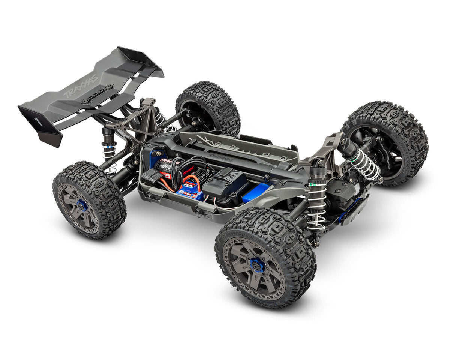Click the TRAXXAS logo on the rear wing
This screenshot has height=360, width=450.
(x=80, y=87)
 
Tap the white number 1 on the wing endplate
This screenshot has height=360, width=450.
(x=37, y=121)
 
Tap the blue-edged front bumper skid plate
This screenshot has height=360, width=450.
(x=352, y=212)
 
